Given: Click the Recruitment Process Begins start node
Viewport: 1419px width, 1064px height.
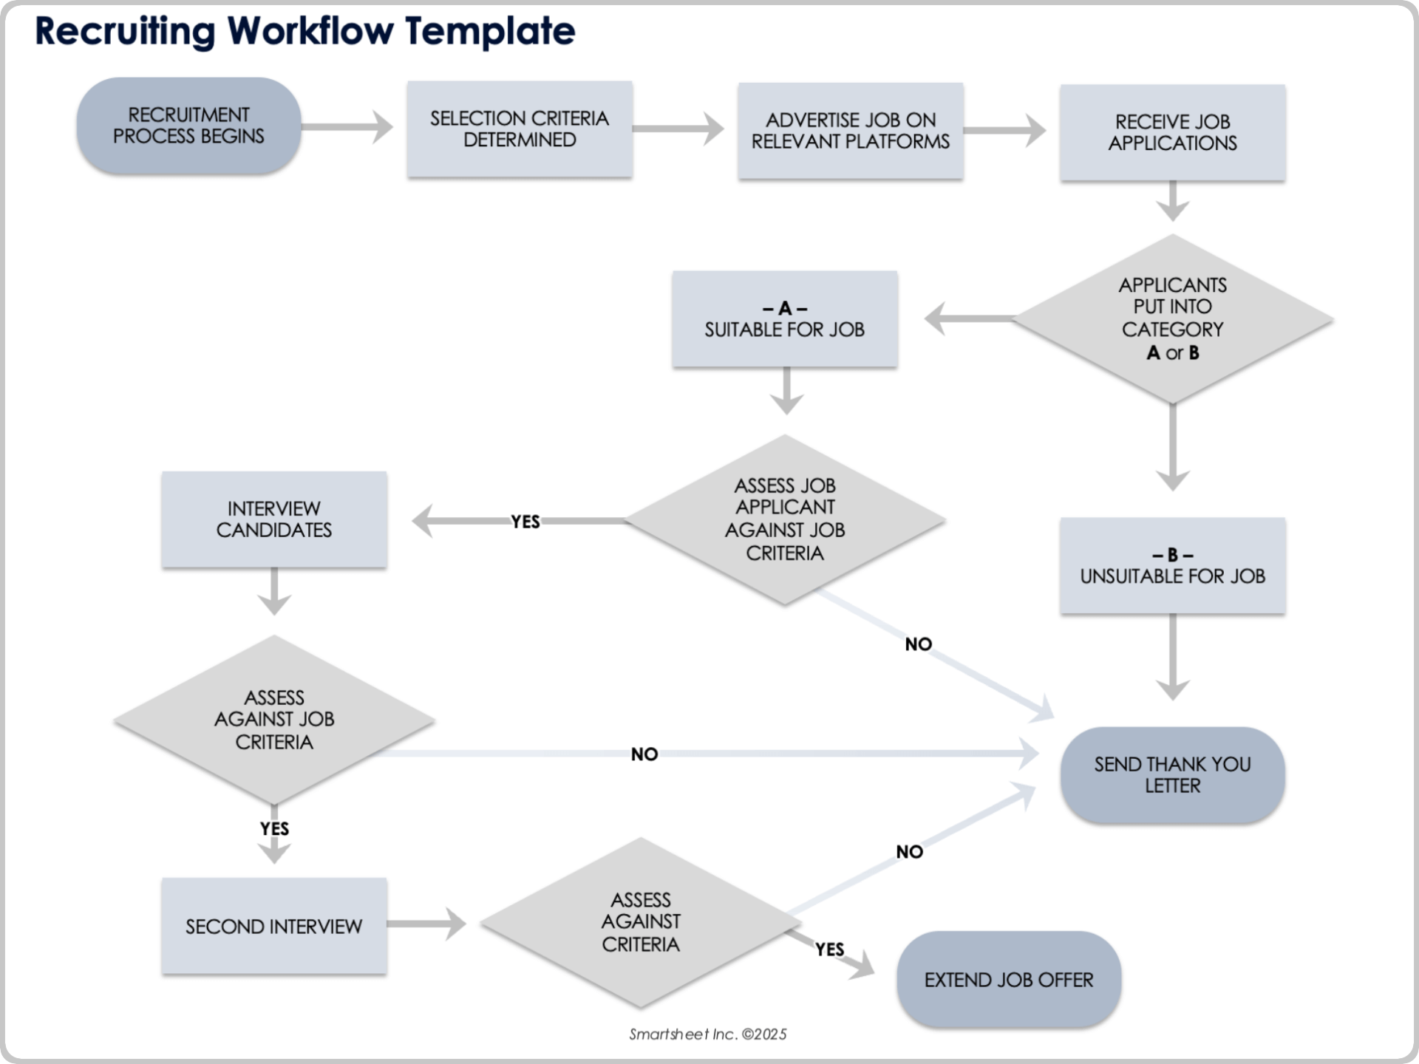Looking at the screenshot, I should [x=188, y=126].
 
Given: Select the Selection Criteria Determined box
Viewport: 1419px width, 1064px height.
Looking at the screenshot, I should [x=520, y=129].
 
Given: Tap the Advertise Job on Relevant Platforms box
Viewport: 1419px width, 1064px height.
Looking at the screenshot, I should [x=850, y=131].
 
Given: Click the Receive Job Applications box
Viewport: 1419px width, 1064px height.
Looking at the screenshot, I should [x=1172, y=132].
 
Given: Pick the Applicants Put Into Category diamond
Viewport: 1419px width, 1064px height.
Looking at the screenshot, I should [x=1172, y=319].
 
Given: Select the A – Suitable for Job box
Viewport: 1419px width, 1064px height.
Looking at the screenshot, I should [x=784, y=319].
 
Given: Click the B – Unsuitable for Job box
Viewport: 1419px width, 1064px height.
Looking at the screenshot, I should [x=1172, y=566].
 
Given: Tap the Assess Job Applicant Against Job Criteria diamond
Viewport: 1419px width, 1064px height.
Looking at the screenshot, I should [x=784, y=519].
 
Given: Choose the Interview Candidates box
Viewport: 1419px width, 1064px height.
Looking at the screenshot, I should [x=274, y=519].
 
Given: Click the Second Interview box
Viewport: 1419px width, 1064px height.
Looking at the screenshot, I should [x=274, y=927].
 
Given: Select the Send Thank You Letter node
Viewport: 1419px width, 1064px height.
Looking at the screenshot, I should [x=1172, y=775].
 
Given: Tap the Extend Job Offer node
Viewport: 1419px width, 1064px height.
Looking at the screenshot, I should [x=1008, y=980].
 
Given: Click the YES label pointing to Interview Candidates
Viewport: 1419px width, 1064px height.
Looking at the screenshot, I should [x=525, y=522].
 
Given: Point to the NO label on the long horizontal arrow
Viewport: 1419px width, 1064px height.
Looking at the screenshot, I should [x=644, y=754].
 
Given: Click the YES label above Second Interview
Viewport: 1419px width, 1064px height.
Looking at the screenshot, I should [x=274, y=829].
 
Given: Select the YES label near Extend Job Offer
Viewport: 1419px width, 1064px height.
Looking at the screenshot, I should [x=829, y=949].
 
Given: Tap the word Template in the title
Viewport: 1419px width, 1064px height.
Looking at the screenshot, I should [x=490, y=31].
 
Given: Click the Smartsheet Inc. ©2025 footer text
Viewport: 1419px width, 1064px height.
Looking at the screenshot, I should [x=707, y=1034].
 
